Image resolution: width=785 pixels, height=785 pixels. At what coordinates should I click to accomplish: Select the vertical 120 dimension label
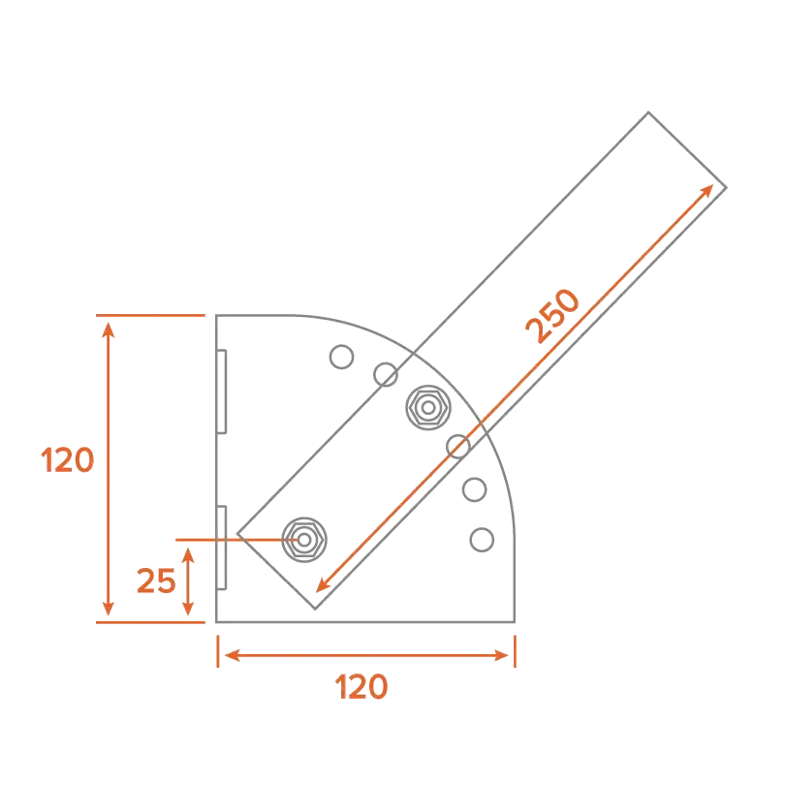[68, 458]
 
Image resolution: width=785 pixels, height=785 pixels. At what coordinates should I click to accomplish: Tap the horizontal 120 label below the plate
[361, 687]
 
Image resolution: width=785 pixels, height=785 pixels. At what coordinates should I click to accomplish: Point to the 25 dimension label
[156, 581]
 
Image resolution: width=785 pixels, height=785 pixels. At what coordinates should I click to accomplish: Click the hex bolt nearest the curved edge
[427, 407]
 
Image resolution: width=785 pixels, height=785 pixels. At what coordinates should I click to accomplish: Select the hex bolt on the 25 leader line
[303, 537]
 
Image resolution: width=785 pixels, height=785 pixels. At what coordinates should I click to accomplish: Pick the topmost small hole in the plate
[340, 357]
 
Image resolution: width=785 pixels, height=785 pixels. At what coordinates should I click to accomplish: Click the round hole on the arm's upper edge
[385, 373]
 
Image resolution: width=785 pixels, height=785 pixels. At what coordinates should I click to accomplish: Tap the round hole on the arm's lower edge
[458, 447]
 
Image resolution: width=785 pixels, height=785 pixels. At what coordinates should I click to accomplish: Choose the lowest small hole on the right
[480, 539]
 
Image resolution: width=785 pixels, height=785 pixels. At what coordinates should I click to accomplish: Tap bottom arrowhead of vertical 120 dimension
[108, 612]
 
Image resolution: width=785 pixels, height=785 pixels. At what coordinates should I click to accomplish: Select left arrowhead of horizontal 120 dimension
[231, 656]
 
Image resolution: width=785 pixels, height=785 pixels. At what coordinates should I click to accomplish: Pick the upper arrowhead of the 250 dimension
[709, 188]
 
